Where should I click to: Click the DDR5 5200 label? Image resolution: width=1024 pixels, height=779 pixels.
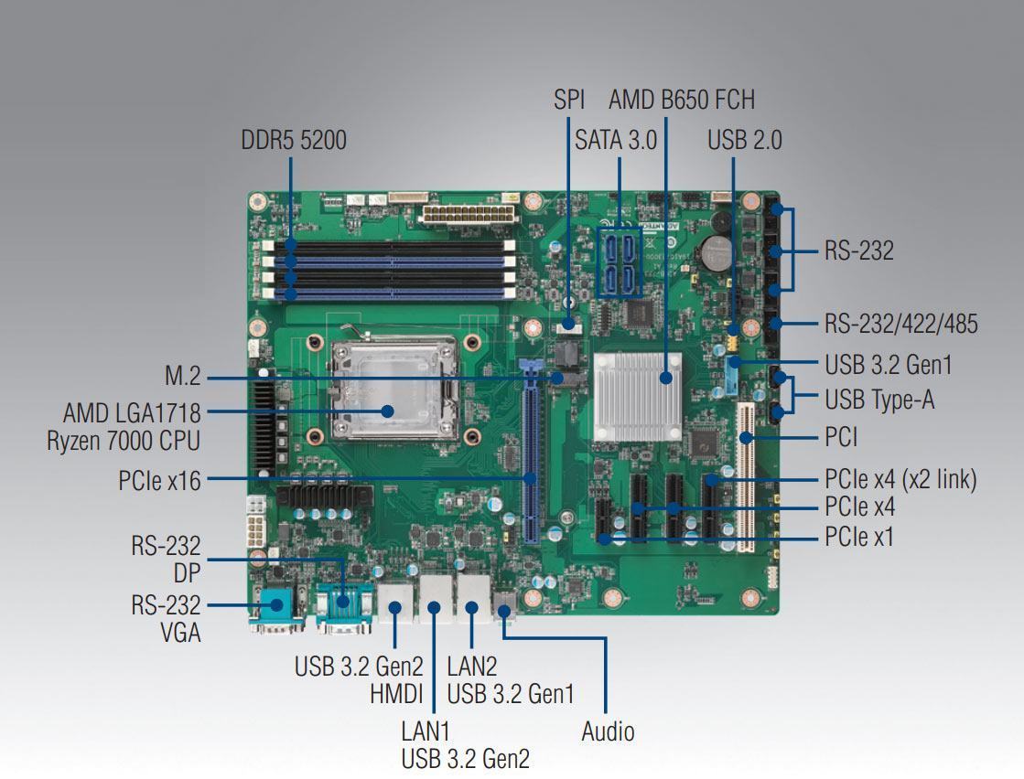tap(293, 140)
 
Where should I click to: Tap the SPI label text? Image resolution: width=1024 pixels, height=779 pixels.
tap(569, 100)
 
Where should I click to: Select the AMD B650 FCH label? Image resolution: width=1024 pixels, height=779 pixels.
tap(682, 100)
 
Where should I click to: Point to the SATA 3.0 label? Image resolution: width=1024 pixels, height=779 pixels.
tap(615, 140)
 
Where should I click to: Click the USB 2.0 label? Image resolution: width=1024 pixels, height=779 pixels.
tap(745, 140)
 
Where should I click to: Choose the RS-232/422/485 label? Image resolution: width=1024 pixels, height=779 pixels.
tap(900, 324)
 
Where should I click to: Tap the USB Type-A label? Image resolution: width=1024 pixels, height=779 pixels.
tap(879, 400)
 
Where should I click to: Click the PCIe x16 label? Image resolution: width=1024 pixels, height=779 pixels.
tap(159, 481)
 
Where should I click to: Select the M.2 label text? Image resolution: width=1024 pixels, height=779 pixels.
tap(183, 377)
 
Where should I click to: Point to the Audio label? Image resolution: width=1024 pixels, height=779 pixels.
tap(608, 731)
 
